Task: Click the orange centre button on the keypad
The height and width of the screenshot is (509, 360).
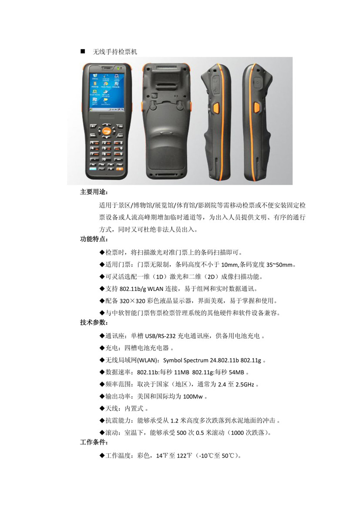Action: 107,131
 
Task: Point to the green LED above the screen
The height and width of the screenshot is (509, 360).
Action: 119,68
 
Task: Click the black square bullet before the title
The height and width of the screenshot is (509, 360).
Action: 83,51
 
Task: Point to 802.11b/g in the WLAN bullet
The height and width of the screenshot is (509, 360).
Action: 133,289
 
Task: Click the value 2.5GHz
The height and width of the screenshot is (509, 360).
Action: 245,384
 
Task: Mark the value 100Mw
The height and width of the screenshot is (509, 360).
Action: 193,396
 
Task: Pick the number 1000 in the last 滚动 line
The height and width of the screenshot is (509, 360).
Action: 237,433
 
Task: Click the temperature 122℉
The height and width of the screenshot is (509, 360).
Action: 184,456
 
